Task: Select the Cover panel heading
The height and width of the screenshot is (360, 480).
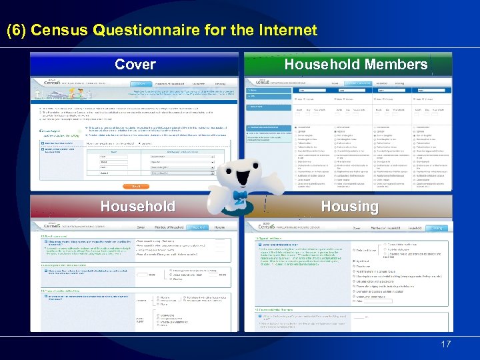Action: (x=135, y=65)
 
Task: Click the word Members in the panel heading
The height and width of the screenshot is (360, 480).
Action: (x=393, y=65)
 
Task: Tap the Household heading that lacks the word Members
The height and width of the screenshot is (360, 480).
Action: (x=137, y=207)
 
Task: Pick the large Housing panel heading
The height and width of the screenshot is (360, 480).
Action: (x=349, y=207)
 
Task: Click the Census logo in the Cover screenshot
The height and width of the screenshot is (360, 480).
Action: (x=47, y=82)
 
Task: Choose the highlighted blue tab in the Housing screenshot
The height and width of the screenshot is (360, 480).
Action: (x=438, y=228)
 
